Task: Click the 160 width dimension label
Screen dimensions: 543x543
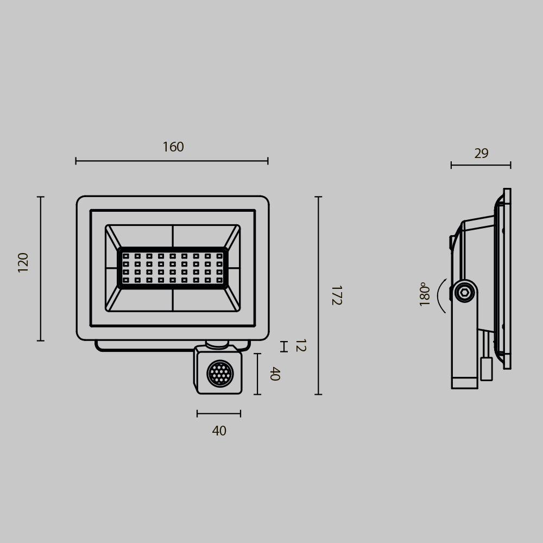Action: tap(173, 147)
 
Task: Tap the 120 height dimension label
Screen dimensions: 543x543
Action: tap(23, 262)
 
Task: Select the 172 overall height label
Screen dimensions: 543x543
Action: tap(336, 295)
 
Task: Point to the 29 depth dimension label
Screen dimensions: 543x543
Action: tap(481, 154)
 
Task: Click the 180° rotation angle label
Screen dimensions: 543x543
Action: tap(425, 294)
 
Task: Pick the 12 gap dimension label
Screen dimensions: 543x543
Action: tap(300, 345)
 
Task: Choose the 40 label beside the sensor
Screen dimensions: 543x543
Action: tap(274, 374)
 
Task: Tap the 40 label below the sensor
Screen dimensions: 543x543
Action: tap(219, 431)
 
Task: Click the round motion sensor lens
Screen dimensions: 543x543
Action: tap(220, 374)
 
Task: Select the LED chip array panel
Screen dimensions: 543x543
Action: tap(173, 268)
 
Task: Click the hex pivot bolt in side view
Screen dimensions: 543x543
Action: tap(464, 293)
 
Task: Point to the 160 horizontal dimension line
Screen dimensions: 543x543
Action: tap(172, 161)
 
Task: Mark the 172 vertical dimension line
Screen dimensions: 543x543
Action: tap(318, 295)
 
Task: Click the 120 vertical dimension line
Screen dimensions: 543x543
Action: tap(41, 268)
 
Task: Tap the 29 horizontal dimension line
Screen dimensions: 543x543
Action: tap(481, 165)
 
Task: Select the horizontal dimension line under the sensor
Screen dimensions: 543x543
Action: tap(219, 414)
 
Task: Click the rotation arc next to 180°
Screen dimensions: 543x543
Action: tap(441, 296)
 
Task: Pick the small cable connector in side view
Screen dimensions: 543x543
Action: tap(487, 369)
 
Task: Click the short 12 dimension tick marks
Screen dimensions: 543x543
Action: tap(283, 346)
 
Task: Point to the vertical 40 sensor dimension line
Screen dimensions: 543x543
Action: tap(257, 374)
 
